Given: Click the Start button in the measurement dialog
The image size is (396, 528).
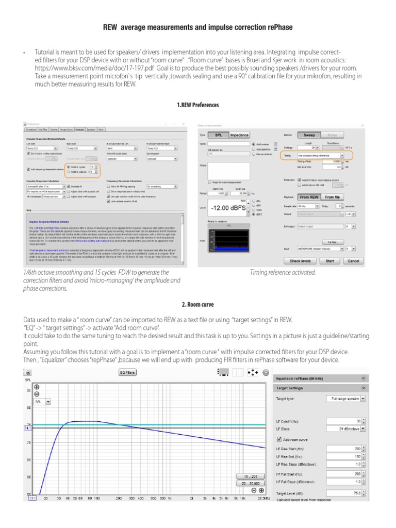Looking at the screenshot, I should tap(330, 261).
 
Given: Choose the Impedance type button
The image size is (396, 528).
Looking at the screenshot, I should tap(239, 135).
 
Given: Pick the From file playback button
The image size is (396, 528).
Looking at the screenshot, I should tap(333, 197).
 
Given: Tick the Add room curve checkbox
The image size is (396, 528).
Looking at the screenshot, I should tap(279, 439).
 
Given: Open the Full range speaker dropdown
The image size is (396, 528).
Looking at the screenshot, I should tap(346, 399).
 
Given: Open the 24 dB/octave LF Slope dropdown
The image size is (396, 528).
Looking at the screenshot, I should tap(346, 428).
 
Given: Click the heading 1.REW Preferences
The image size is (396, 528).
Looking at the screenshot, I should tap(198, 105).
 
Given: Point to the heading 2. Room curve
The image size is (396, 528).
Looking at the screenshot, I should tap(197, 304).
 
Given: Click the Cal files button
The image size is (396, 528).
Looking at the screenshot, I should tap(332, 241).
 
